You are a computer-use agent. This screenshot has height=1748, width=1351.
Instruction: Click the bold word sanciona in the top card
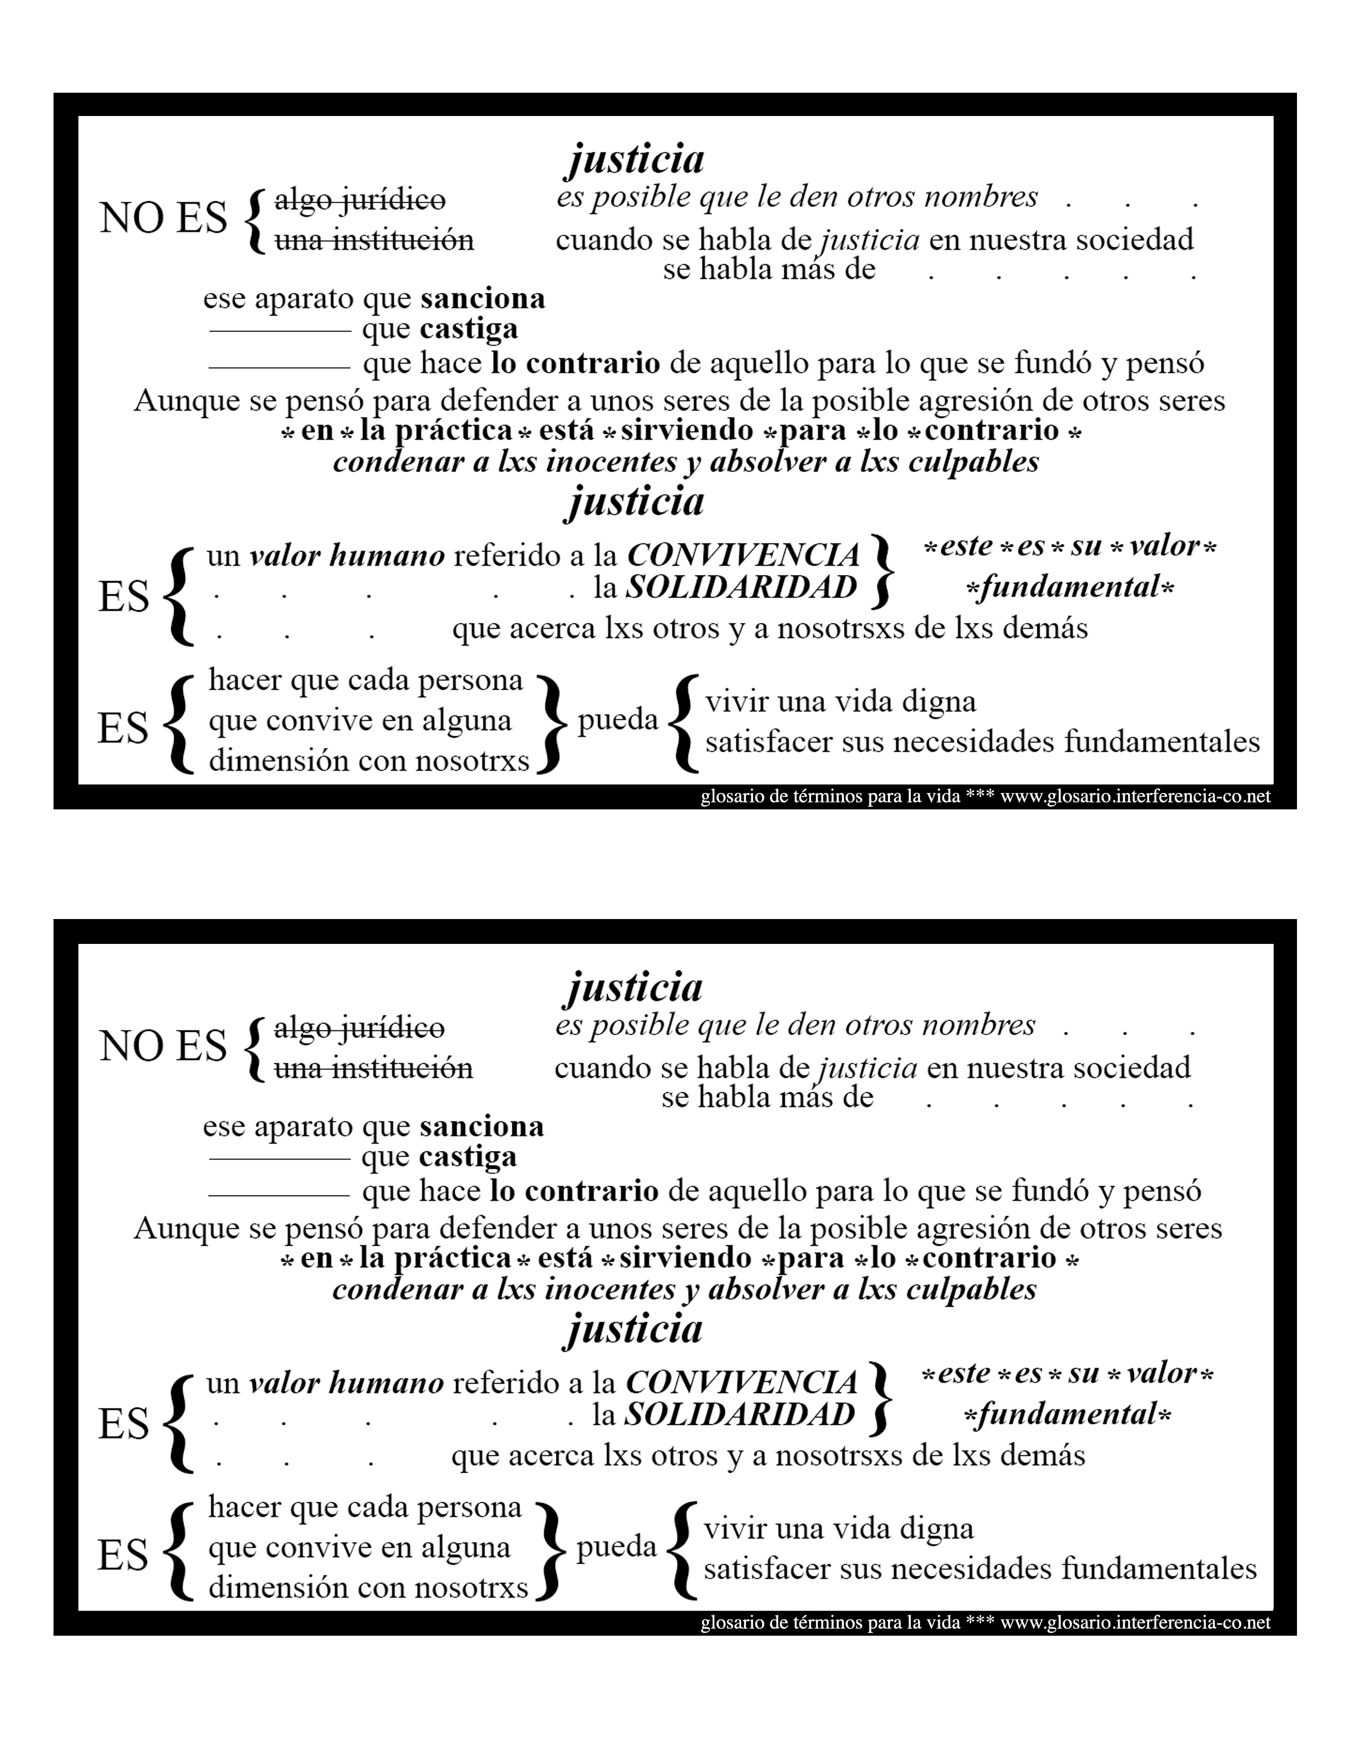[483, 299]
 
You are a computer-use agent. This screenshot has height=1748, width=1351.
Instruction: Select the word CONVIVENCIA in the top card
[743, 555]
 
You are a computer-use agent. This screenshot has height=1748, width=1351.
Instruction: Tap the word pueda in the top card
[618, 719]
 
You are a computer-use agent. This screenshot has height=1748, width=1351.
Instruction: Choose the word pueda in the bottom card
[616, 1546]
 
